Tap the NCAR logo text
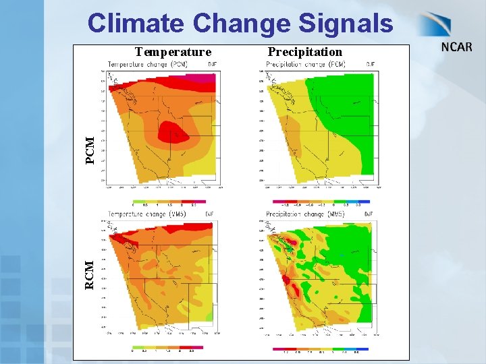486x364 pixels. tap(456, 48)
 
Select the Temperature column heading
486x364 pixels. tap(173, 52)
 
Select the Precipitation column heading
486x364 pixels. tap(304, 52)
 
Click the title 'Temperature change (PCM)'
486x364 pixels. tap(147, 64)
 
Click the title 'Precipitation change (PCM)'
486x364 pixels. tap(305, 64)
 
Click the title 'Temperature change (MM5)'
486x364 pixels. tap(147, 214)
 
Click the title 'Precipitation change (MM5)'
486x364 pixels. tap(305, 214)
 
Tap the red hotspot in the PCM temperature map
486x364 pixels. tap(173, 133)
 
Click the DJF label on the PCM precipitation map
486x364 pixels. tap(371, 64)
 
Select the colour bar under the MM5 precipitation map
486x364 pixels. tap(321, 349)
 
